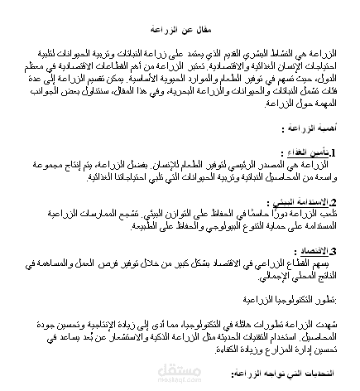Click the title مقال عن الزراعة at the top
click(x=180, y=27)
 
